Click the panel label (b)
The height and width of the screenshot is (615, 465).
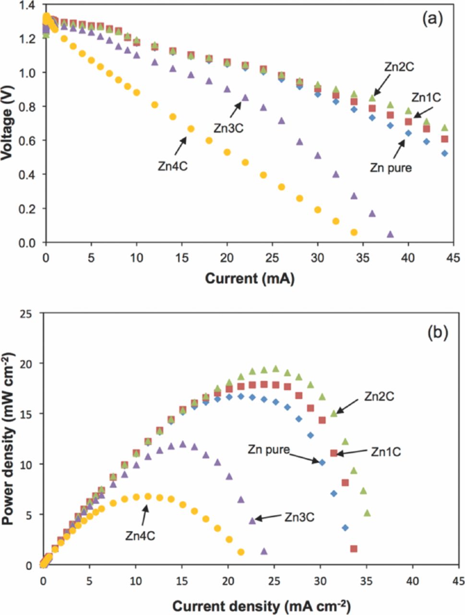437,332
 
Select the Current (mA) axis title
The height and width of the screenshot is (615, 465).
250,278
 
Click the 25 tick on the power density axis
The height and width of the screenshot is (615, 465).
29,314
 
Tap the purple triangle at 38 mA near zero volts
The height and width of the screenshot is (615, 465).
390,234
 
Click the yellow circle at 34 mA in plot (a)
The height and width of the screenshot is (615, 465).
354,232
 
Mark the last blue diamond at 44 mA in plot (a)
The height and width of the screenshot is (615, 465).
445,153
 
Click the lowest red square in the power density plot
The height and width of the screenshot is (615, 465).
354,549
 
